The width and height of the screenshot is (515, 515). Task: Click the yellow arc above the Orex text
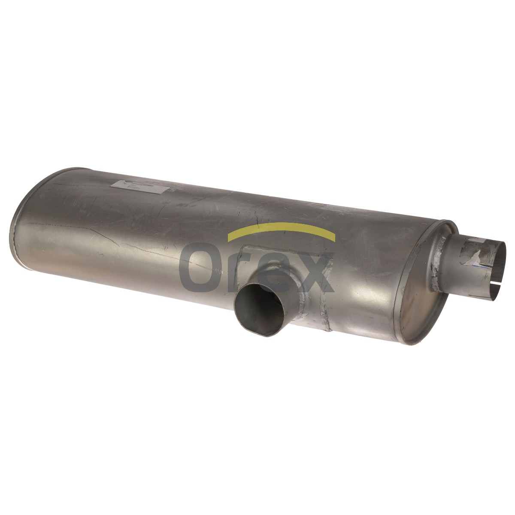pyautogui.click(x=281, y=224)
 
